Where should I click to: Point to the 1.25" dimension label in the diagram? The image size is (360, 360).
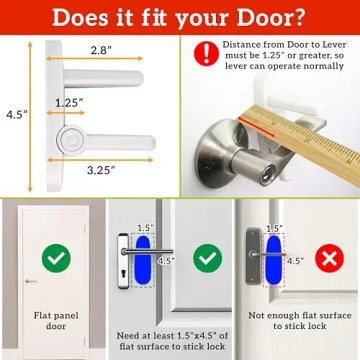69,103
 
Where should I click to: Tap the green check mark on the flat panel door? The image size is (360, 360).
56,259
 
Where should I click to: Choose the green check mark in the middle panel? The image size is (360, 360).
207,259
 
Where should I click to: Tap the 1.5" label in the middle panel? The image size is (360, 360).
146,228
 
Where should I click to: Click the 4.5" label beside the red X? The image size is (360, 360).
295,262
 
